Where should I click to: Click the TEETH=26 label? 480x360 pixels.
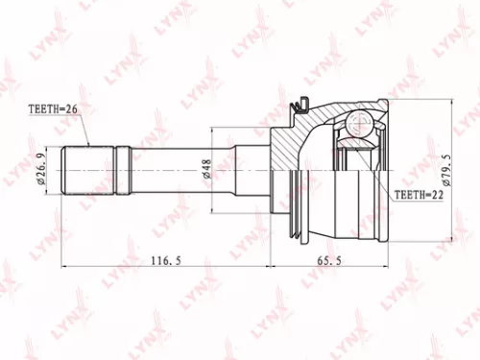(49, 110)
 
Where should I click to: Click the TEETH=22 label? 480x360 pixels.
(420, 195)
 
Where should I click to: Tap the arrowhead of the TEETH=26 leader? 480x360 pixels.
(88, 143)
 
